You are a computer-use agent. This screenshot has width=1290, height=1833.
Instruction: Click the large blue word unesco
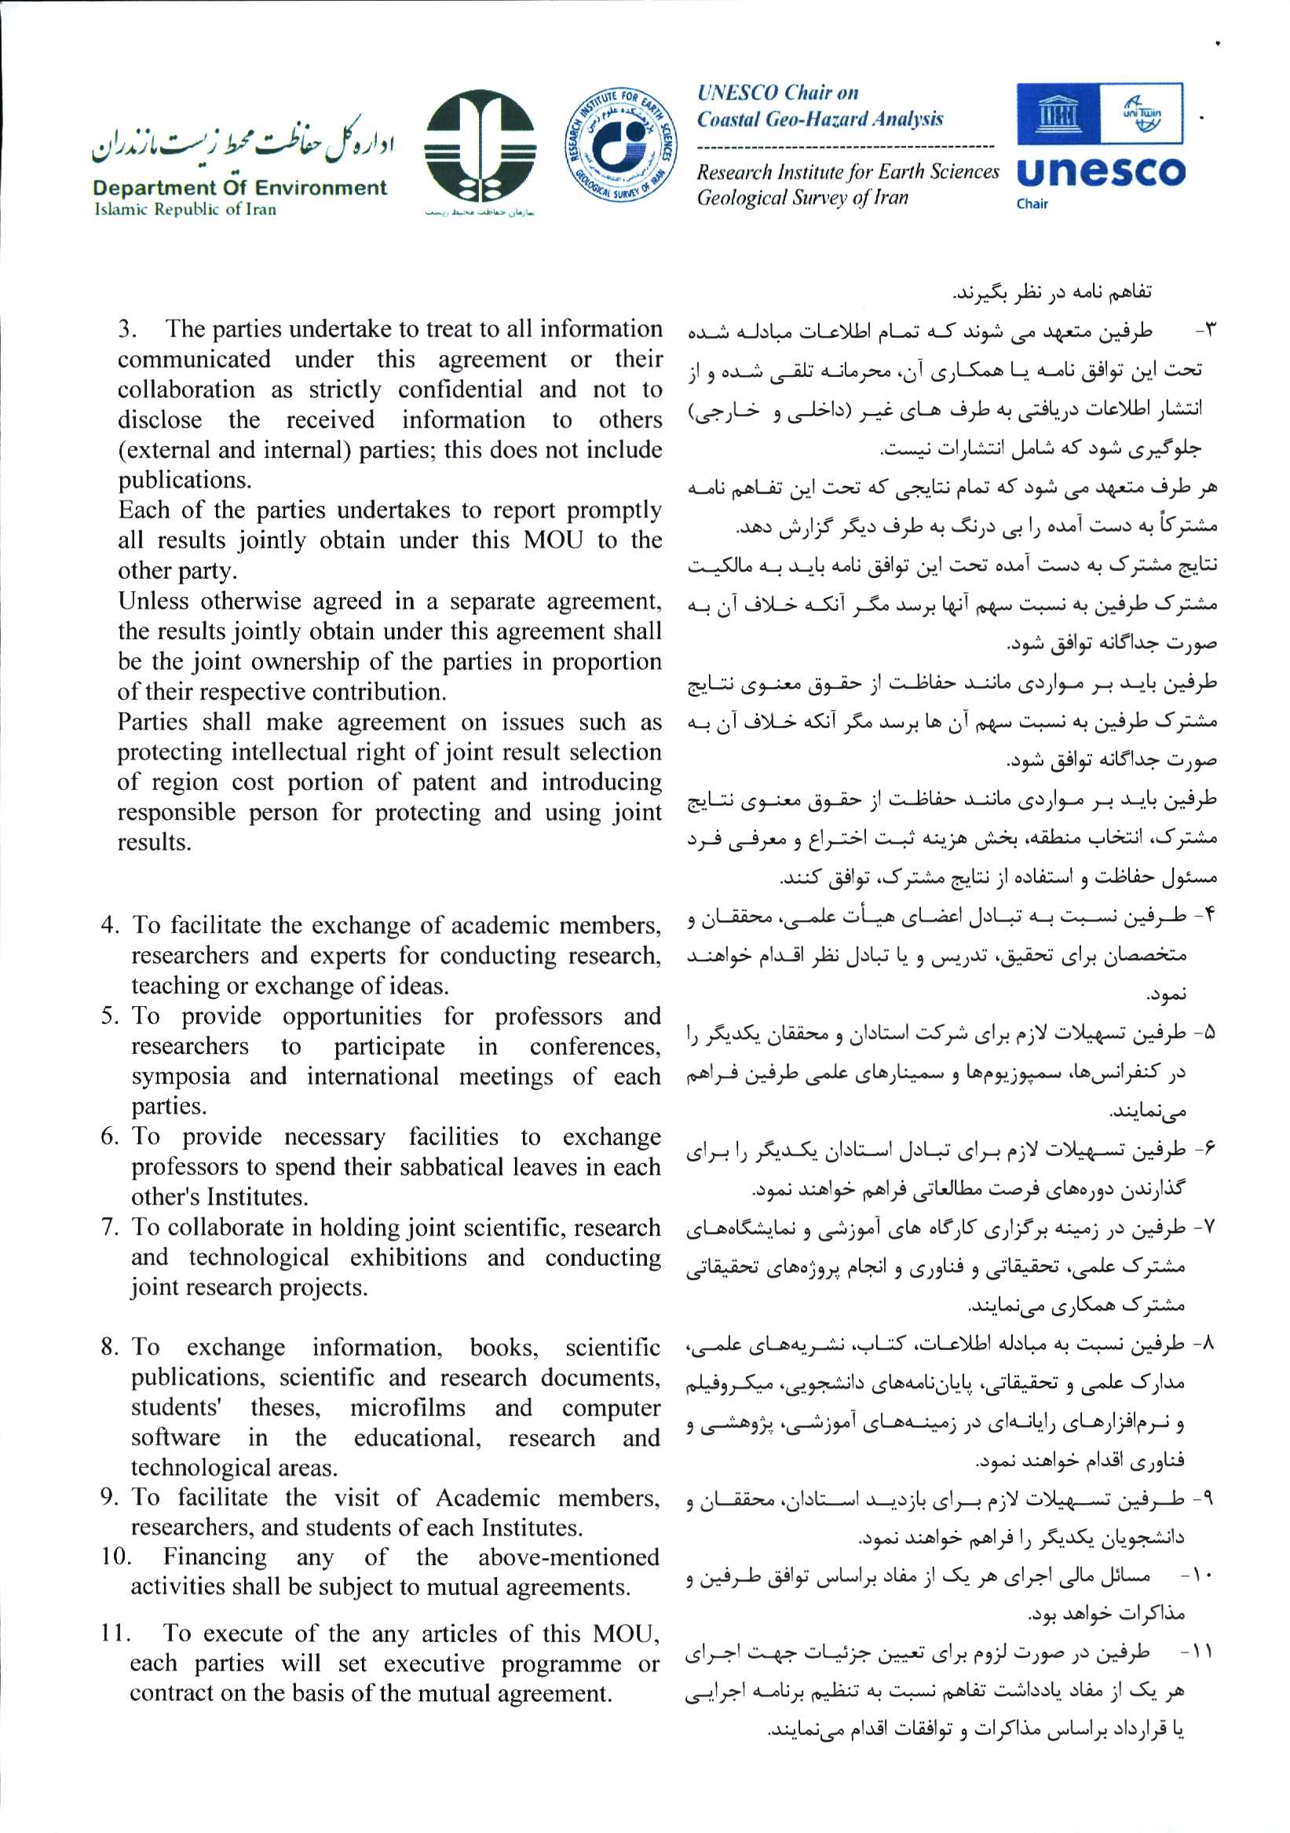[x=1102, y=173]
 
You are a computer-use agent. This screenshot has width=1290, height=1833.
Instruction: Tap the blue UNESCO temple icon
[x=1057, y=114]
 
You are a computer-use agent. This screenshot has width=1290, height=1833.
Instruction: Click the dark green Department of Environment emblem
[x=479, y=146]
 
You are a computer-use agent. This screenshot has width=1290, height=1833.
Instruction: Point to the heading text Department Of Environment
[x=239, y=188]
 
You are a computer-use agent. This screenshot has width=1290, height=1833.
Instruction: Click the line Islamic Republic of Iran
[x=185, y=210]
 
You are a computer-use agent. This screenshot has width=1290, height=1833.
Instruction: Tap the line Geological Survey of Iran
[x=802, y=197]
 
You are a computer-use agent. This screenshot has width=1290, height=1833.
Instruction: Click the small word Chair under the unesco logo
[x=1032, y=204]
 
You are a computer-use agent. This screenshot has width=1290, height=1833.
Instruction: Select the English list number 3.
[x=127, y=329]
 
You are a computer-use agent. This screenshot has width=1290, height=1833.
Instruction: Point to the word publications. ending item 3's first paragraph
[x=185, y=480]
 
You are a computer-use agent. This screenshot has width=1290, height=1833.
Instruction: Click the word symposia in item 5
[x=181, y=1076]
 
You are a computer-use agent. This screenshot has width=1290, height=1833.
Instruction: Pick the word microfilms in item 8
[x=407, y=1407]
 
